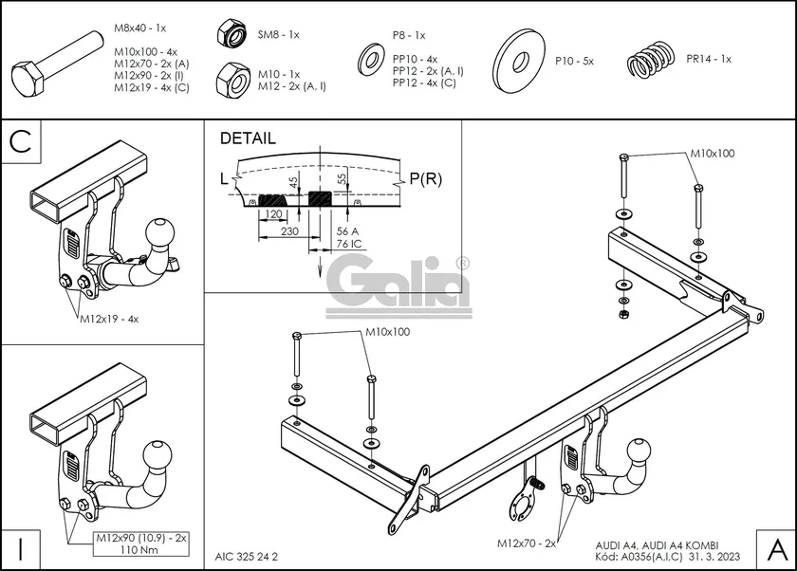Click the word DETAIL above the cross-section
(x=248, y=138)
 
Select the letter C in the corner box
(x=20, y=142)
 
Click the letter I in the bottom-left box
(x=20, y=548)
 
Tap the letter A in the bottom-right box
(x=775, y=548)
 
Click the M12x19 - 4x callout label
(x=109, y=320)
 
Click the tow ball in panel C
(x=157, y=232)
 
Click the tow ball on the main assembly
(x=643, y=451)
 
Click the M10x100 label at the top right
(x=712, y=153)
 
